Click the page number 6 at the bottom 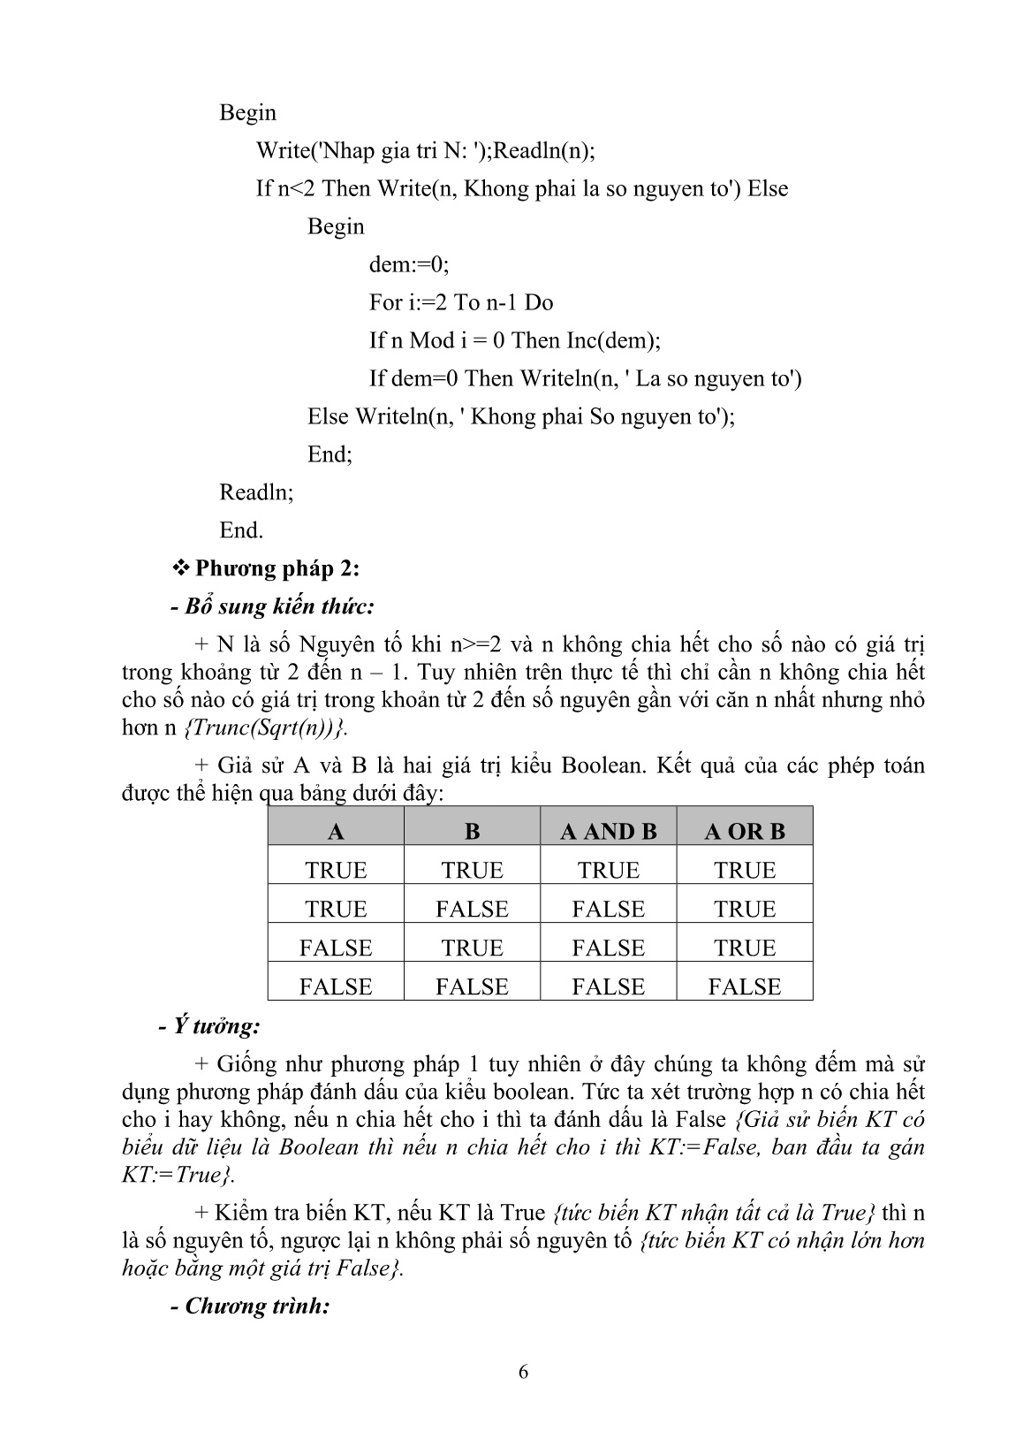pyautogui.click(x=523, y=1372)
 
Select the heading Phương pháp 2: pyautogui.click(x=277, y=568)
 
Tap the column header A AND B pyautogui.click(x=609, y=831)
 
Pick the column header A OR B pyautogui.click(x=745, y=831)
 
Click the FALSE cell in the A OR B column pyautogui.click(x=745, y=986)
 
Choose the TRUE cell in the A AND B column pyautogui.click(x=609, y=870)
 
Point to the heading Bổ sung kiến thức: pyautogui.click(x=272, y=606)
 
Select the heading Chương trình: pyautogui.click(x=249, y=1306)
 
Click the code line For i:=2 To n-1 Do pyautogui.click(x=461, y=302)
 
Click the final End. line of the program pyautogui.click(x=241, y=530)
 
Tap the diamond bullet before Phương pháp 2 pyautogui.click(x=182, y=568)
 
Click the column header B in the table pyautogui.click(x=472, y=831)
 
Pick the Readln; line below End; pyautogui.click(x=256, y=492)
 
